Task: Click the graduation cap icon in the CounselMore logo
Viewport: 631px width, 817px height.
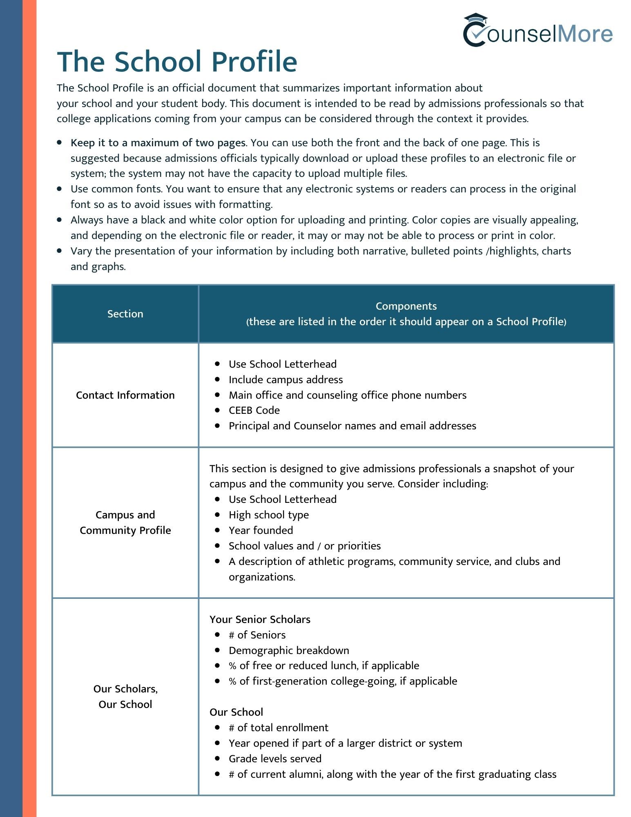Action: [x=475, y=19]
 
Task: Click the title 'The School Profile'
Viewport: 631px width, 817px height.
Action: [x=177, y=62]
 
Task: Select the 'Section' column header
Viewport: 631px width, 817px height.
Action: [x=125, y=314]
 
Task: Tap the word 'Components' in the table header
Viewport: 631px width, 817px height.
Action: [x=406, y=306]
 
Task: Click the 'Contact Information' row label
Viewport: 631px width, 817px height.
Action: [x=125, y=395]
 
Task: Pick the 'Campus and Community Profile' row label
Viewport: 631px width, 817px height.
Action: [x=125, y=522]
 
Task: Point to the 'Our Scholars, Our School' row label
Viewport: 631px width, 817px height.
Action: [x=125, y=696]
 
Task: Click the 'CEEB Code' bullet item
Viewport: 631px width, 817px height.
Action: [x=254, y=410]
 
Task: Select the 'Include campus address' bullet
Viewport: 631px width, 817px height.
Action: [x=285, y=379]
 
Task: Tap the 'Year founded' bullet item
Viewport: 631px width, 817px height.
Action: [x=261, y=530]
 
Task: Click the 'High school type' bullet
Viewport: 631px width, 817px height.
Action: [x=268, y=515]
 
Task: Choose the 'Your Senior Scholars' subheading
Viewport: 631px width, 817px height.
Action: [x=260, y=619]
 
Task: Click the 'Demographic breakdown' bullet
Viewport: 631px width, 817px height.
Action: [x=289, y=650]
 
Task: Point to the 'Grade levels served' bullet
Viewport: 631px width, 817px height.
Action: [x=275, y=759]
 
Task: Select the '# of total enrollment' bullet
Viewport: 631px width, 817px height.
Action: [x=278, y=728]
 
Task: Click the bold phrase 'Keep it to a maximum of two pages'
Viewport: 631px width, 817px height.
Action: [x=158, y=143]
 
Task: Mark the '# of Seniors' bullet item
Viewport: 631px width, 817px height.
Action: [x=257, y=635]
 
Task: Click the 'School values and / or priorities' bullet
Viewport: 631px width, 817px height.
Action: [x=304, y=546]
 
